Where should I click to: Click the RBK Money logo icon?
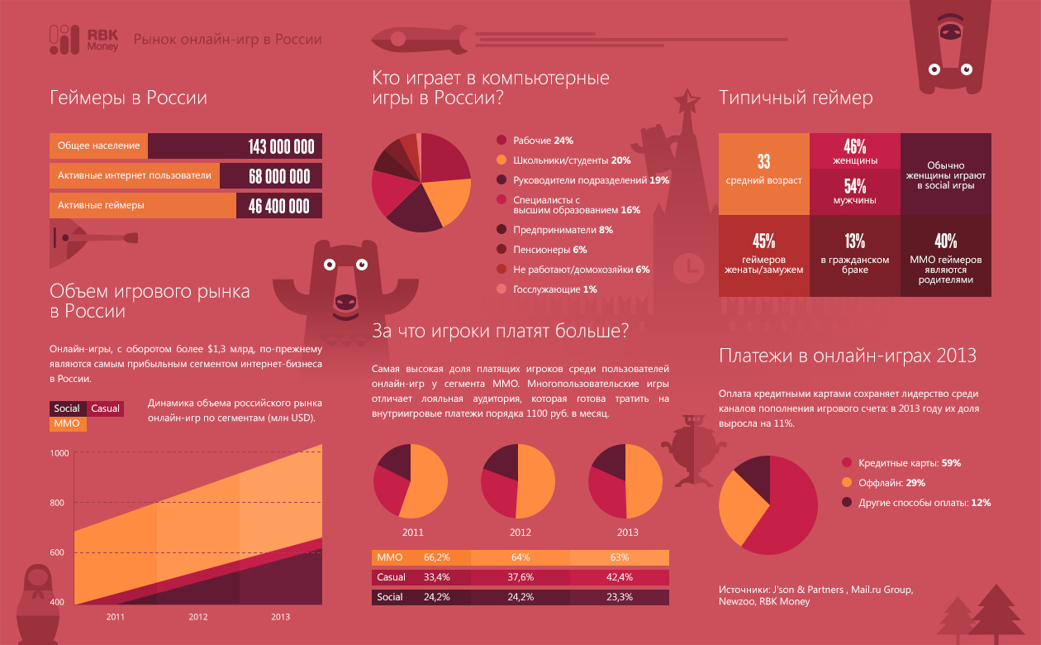(x=63, y=39)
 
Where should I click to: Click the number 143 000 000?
(x=281, y=146)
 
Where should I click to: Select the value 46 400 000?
(x=279, y=206)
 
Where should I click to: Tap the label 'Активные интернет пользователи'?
(x=134, y=175)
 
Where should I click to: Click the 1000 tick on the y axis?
(x=58, y=453)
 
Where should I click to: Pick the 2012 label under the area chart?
(x=198, y=617)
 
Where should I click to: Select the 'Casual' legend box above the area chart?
(x=105, y=408)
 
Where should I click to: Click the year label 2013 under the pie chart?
(x=628, y=533)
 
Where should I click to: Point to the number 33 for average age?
(x=763, y=162)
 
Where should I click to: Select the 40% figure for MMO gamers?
(x=945, y=241)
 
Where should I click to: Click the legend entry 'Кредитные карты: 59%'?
(x=909, y=463)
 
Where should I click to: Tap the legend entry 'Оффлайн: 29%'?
(x=891, y=483)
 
